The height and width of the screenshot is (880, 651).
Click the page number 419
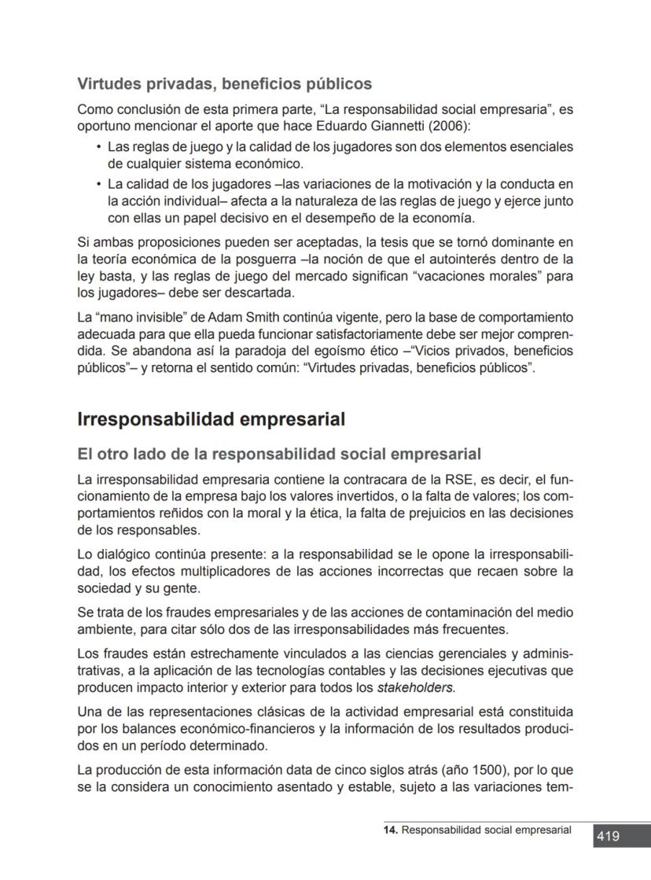click(608, 837)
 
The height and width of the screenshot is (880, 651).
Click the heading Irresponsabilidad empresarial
click(211, 419)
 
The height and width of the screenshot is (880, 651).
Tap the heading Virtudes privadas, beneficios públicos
click(224, 83)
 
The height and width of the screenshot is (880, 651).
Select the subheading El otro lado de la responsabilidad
click(279, 455)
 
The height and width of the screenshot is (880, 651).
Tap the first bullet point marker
click(98, 147)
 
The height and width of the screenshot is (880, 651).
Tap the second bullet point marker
click(98, 184)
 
